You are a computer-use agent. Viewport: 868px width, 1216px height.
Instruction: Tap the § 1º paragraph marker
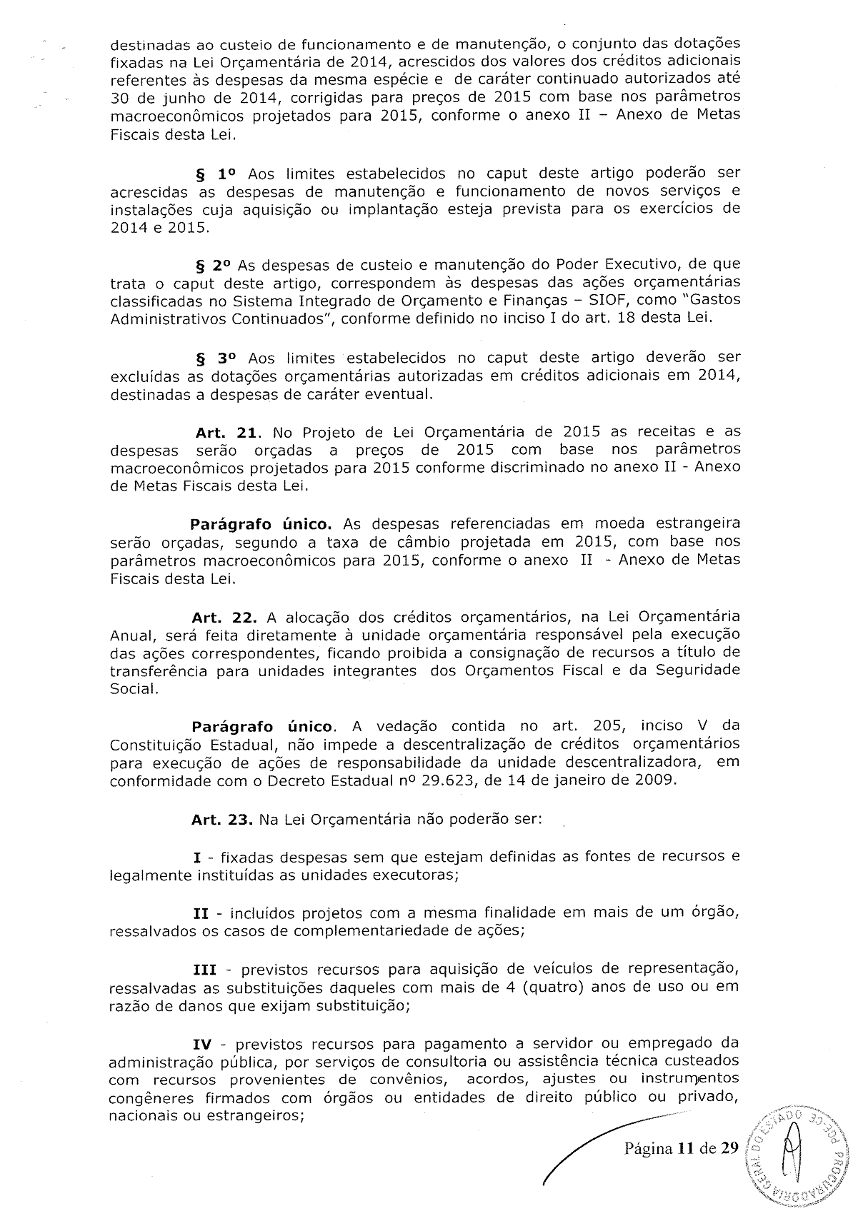[x=214, y=174]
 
